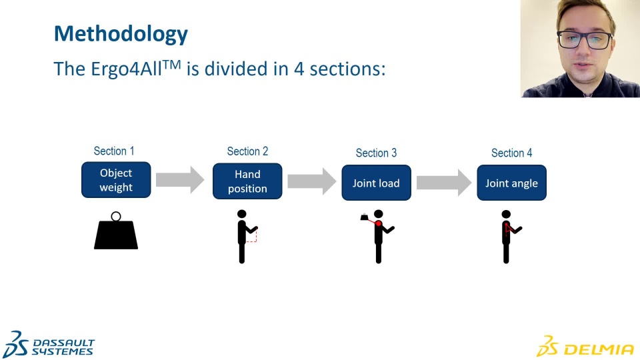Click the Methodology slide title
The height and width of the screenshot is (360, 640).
click(121, 33)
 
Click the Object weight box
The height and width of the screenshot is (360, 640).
click(116, 180)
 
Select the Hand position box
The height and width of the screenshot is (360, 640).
click(247, 181)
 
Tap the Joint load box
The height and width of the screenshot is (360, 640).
click(376, 183)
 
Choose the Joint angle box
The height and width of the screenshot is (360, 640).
click(511, 183)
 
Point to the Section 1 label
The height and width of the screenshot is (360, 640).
click(114, 151)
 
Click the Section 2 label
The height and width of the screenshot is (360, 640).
click(247, 152)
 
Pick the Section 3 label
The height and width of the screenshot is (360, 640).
click(376, 153)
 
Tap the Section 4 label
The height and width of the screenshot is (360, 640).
click(511, 153)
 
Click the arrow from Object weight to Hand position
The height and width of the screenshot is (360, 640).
click(180, 179)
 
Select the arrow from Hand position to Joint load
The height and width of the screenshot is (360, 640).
click(311, 181)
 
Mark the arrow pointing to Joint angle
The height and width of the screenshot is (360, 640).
click(443, 182)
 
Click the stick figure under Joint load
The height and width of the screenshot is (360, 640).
click(378, 237)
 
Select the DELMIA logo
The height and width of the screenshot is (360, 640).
click(585, 347)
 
